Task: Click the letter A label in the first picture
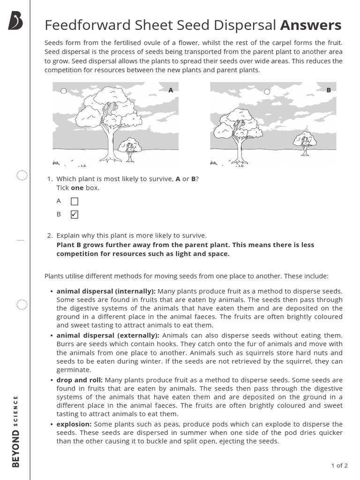pos(171,90)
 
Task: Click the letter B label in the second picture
pos(329,90)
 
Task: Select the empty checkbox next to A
pos(75,202)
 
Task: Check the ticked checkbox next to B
pos(75,215)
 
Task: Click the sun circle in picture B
pos(267,91)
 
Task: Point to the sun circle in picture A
pos(64,91)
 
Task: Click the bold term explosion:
pos(74,424)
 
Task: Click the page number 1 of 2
pos(339,465)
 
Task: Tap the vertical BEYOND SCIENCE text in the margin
pos(15,431)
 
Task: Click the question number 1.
pos(50,179)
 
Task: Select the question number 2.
pos(50,235)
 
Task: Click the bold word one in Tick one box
pos(76,188)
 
